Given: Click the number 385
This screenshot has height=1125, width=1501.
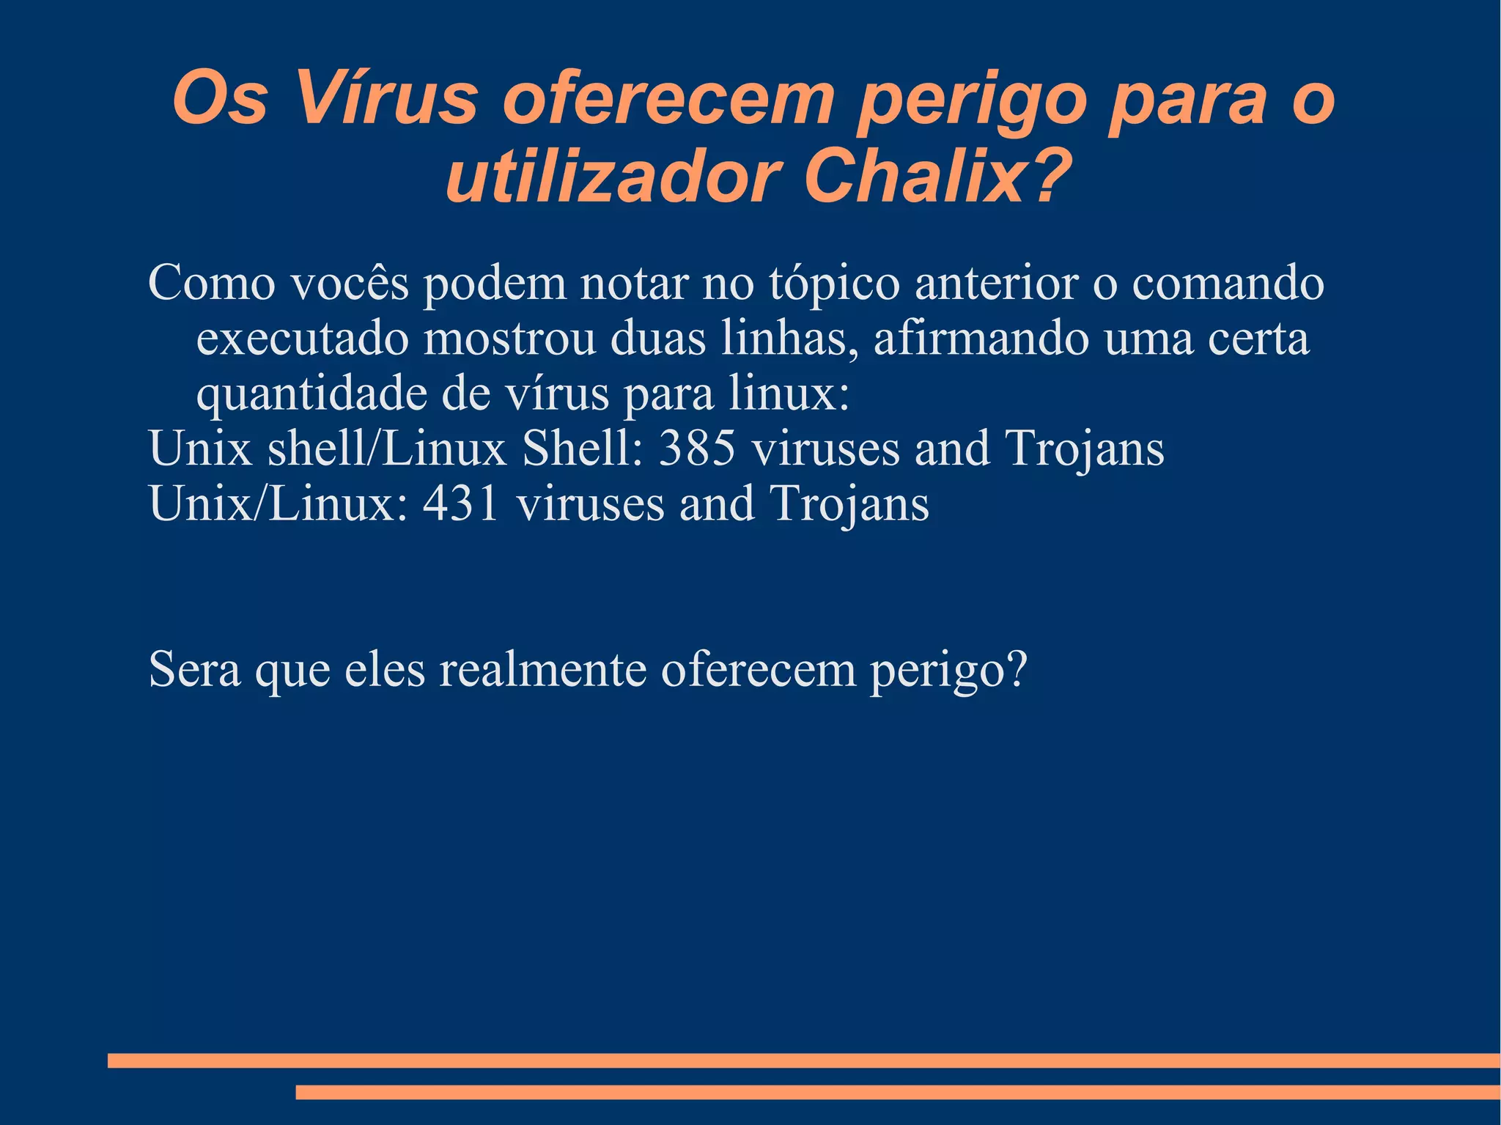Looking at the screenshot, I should (697, 448).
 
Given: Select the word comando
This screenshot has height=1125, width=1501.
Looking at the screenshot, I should (1228, 283).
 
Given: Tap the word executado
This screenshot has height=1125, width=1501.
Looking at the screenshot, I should (303, 339).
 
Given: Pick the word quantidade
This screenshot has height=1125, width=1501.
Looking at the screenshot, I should (311, 394).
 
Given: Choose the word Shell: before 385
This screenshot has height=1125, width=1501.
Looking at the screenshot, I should (583, 448).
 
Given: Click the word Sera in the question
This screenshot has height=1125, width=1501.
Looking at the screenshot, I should (194, 668).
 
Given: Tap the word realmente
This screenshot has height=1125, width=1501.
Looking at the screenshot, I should (542, 668).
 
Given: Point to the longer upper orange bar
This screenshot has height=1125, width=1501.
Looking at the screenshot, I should (803, 1061).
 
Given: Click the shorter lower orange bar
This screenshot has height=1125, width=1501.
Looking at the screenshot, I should (897, 1093).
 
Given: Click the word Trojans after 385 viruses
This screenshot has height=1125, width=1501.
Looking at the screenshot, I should (1084, 448).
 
